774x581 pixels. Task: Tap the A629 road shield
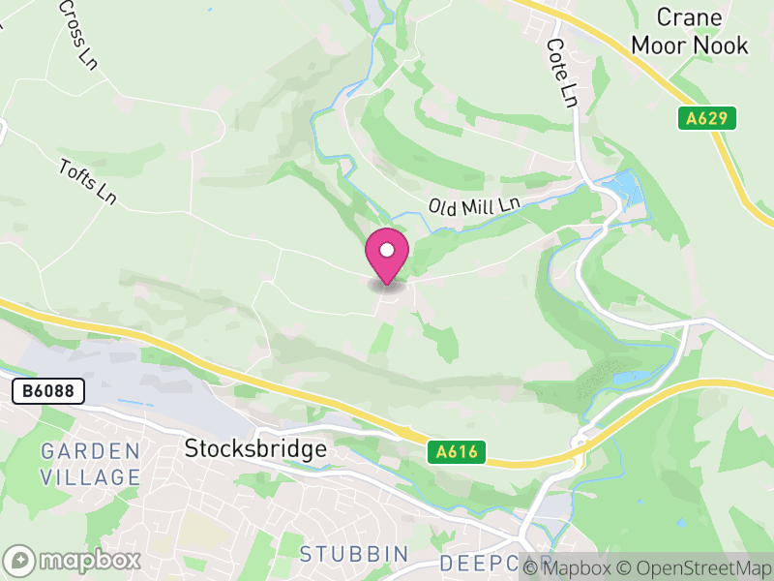706,119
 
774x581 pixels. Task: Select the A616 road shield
456,452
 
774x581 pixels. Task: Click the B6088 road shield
48,391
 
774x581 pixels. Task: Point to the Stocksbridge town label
255,449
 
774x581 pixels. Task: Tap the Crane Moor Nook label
690,31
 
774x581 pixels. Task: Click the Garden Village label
91,464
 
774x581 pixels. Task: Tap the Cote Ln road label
562,73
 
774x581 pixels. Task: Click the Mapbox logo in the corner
74,560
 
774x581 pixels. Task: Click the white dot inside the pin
387,250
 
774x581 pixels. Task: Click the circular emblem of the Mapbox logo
21,560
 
